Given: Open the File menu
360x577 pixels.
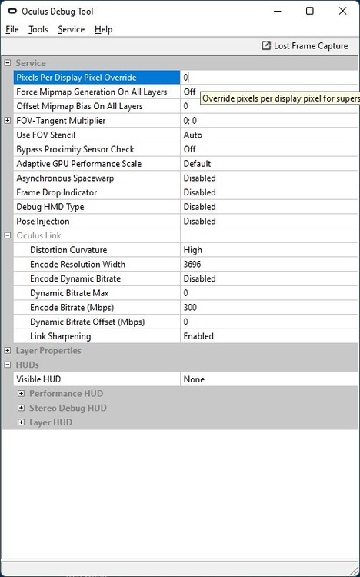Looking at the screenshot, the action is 12,29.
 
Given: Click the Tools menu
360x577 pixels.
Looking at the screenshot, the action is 38,29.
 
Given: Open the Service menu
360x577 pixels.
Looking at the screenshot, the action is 72,29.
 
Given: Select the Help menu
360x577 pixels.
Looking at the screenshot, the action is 103,29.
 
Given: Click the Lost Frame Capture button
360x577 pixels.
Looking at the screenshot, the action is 305,46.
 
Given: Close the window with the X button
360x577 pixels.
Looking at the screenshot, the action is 342,11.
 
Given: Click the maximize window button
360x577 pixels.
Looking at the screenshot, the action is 309,11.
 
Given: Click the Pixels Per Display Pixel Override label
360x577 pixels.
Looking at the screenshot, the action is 76,78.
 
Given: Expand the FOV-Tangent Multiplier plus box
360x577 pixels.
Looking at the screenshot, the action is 8,121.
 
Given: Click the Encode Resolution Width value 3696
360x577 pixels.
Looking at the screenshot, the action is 192,265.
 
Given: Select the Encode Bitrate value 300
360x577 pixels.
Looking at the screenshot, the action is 191,308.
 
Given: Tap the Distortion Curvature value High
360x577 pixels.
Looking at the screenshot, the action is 193,250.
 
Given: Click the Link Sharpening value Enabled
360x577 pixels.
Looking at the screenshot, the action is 198,336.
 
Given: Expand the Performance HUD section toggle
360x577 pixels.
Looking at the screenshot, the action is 22,394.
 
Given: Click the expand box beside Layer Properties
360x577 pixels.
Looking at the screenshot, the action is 8,351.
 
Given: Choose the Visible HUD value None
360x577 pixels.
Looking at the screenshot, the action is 194,379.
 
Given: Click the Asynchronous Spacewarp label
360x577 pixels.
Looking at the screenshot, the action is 62,178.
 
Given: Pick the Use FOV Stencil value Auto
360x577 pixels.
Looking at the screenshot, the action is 193,135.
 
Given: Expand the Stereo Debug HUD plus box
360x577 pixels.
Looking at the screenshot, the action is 22,409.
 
